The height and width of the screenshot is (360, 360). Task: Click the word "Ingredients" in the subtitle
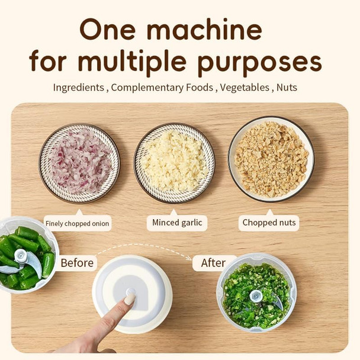point(79,88)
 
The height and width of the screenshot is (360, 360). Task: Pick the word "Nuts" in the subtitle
point(287,88)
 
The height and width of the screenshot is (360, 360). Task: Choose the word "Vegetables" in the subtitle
point(243,88)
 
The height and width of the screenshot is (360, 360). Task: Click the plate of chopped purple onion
point(79,163)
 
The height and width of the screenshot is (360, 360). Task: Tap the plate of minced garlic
point(174,163)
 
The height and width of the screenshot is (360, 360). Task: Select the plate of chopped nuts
point(271,159)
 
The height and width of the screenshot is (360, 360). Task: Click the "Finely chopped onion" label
point(77,223)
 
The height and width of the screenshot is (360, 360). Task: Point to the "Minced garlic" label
point(177,223)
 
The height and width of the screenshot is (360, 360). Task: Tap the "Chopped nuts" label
point(269,223)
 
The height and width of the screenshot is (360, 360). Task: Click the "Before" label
point(77,262)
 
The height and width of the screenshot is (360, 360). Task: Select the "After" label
point(213,262)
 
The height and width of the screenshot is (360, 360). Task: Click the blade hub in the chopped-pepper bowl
point(256,295)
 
